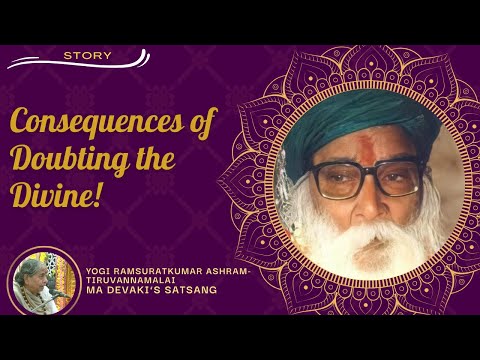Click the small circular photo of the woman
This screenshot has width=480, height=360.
41,284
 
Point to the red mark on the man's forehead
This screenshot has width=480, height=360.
358,153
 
